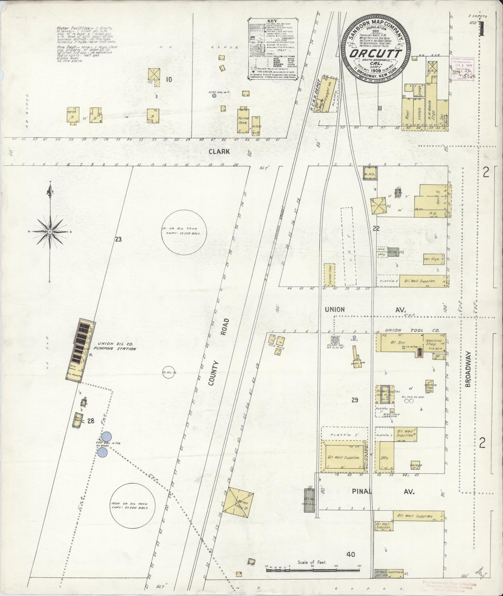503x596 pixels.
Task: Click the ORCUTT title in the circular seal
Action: coord(376,54)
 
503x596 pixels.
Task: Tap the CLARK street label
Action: coord(219,152)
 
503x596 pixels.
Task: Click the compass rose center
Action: coord(50,231)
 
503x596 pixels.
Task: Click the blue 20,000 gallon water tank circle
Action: coord(335,340)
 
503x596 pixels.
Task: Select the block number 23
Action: coord(118,239)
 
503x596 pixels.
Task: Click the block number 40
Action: coord(351,554)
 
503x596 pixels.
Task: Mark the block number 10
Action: coord(169,80)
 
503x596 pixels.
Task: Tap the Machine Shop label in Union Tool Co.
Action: coord(433,343)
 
